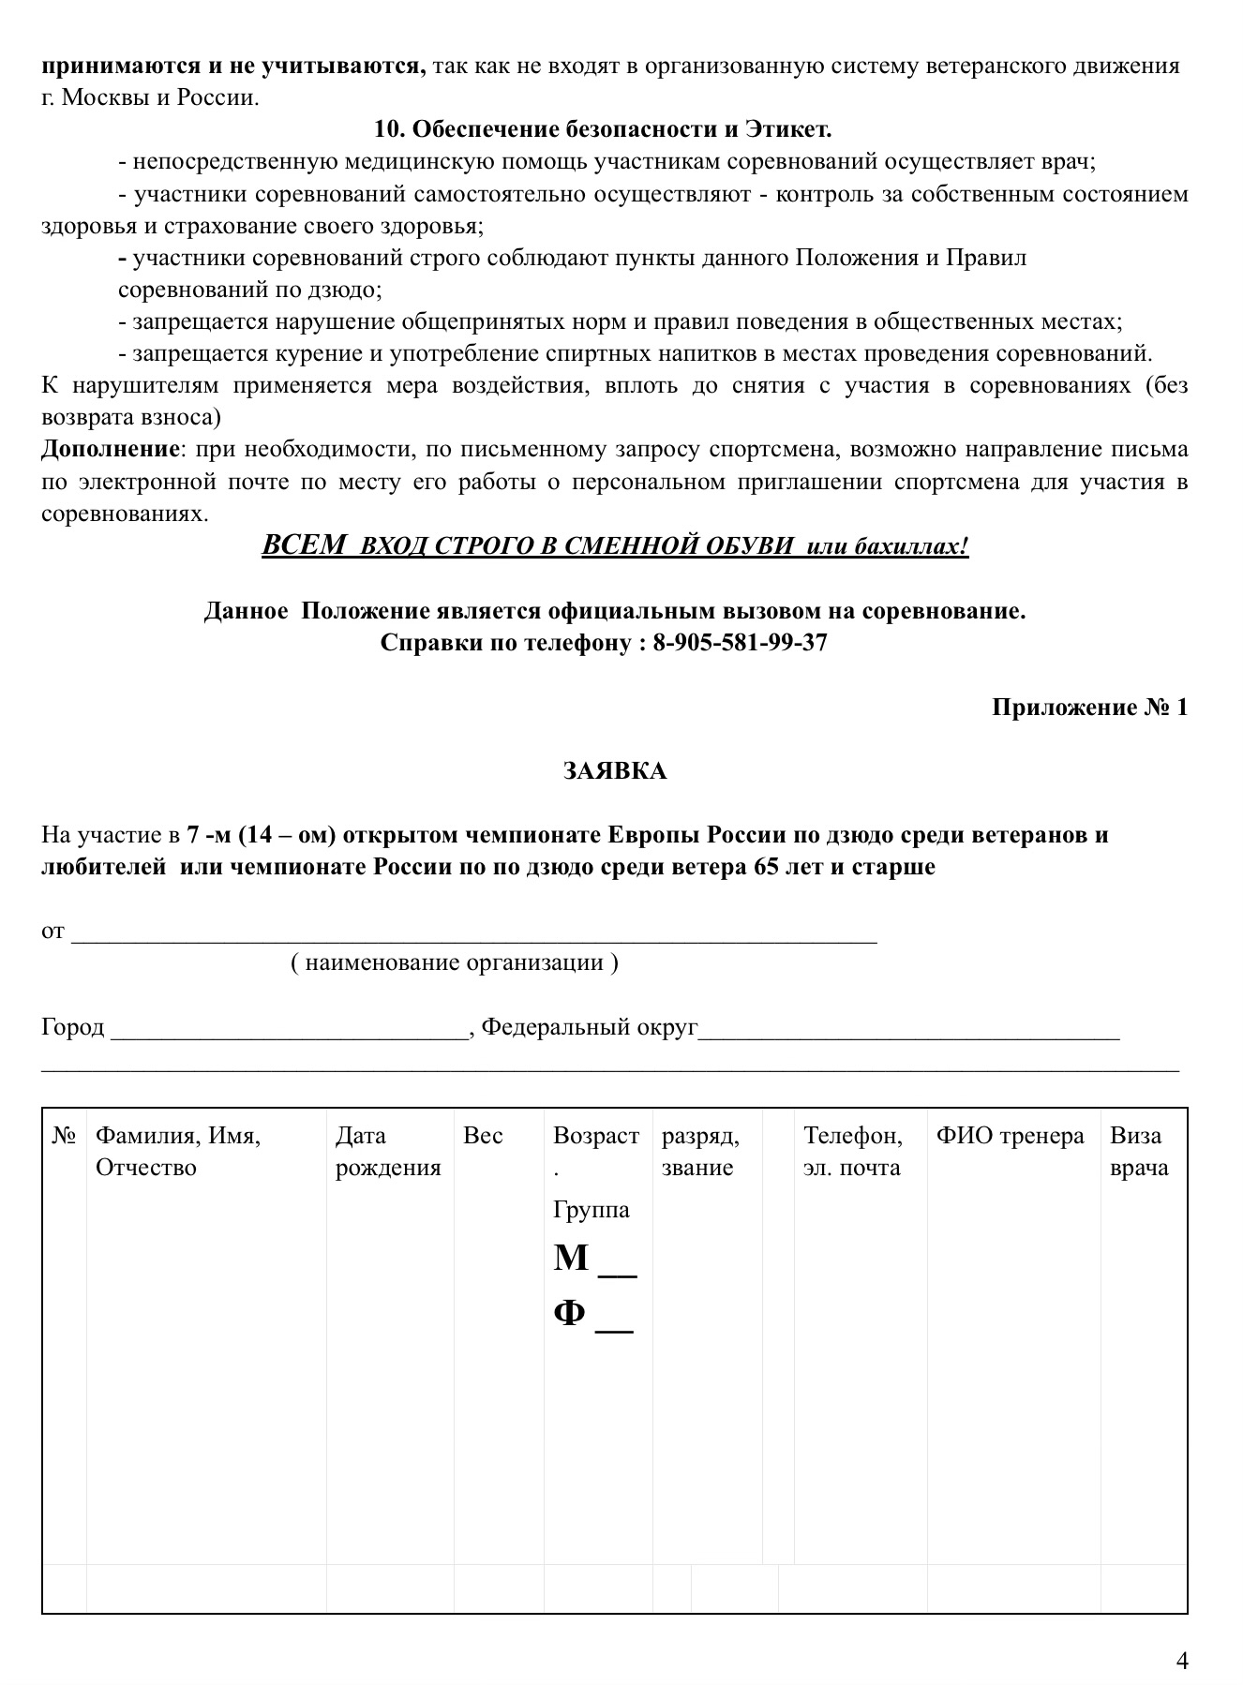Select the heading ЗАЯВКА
[x=615, y=770]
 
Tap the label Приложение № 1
[x=1089, y=707]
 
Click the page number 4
[x=1182, y=1661]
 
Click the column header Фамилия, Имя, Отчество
[x=178, y=1151]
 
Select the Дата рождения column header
[x=387, y=1151]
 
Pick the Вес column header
[x=483, y=1136]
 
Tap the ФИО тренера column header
[x=1010, y=1136]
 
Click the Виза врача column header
[x=1139, y=1151]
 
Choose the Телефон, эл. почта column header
[x=852, y=1151]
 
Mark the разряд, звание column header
[x=700, y=1151]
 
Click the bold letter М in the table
[x=571, y=1258]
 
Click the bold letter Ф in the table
[x=570, y=1312]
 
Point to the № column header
[x=64, y=1136]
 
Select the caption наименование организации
[x=455, y=962]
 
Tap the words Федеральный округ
[x=590, y=1027]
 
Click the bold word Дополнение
[x=110, y=449]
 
